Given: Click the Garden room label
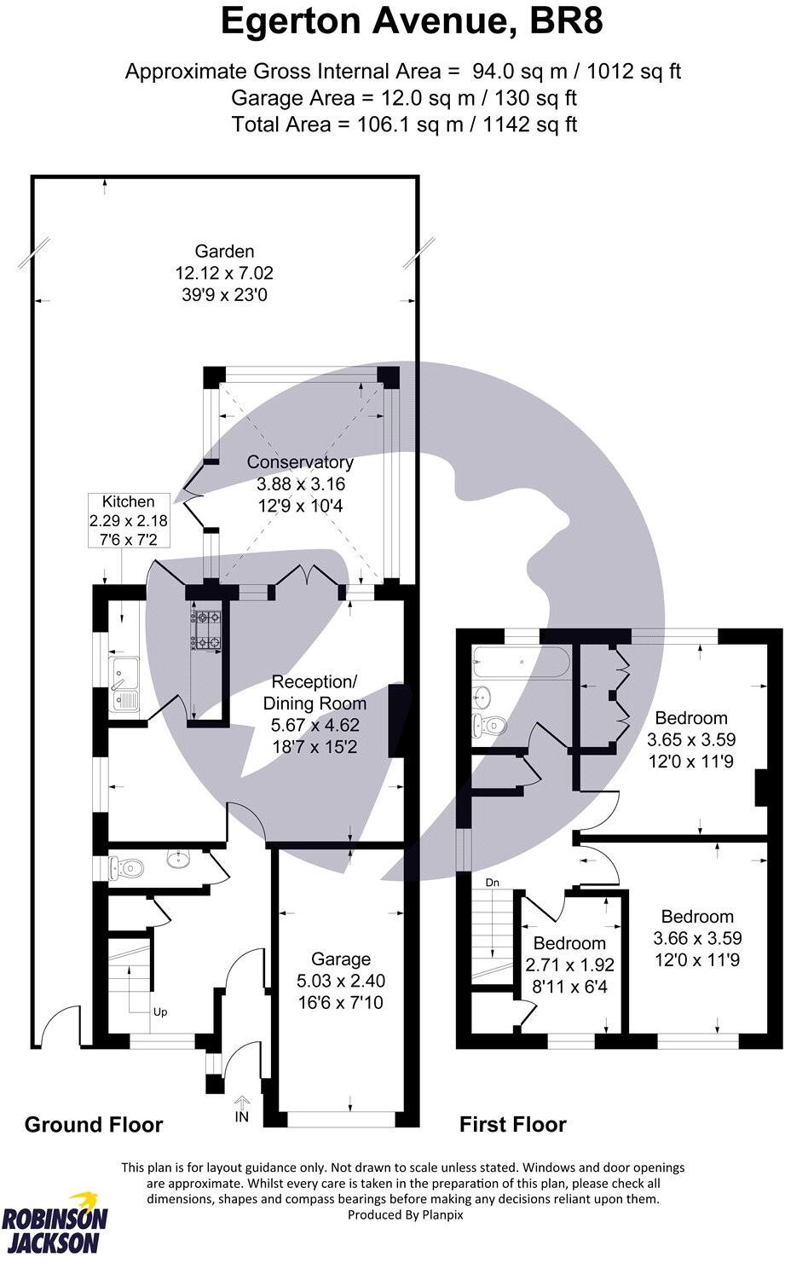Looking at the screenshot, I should (x=224, y=252).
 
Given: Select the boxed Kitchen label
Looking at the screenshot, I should (x=129, y=502).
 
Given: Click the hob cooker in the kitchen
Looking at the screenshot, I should (x=205, y=629).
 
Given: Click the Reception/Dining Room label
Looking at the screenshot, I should (x=315, y=692).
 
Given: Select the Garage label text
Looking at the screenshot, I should (x=340, y=959).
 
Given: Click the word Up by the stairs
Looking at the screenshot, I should (x=159, y=1012).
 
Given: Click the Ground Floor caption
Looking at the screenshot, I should (x=94, y=1125).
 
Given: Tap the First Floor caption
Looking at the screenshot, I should (x=512, y=1125).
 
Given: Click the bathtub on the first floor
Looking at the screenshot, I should (x=519, y=662).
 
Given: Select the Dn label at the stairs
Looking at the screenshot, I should (x=492, y=883).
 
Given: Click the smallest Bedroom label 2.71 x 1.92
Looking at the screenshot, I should (x=569, y=943).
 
